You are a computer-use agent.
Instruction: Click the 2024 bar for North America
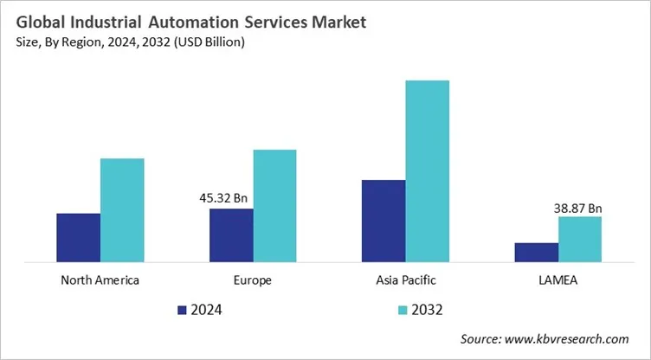pos(79,237)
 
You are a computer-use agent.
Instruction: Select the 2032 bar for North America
pos(122,210)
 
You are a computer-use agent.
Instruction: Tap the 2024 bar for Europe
pos(231,235)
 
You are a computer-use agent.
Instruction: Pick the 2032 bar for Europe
pos(274,205)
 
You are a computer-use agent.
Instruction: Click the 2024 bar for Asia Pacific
pos(384,221)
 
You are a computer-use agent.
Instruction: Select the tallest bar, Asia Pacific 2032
pos(427,170)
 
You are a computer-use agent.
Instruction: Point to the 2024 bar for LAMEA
pos(536,252)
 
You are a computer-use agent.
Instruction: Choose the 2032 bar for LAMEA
pos(579,239)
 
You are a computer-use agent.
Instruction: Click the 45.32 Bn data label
pos(223,198)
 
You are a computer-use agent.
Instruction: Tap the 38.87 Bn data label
pos(577,208)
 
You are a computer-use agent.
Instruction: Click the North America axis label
pos(100,280)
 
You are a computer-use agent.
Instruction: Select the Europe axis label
pos(253,280)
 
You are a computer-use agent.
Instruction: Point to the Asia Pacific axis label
pos(405,280)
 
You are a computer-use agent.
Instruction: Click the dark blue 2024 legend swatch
pos(182,309)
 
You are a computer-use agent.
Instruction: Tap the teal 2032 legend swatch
pos(403,309)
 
